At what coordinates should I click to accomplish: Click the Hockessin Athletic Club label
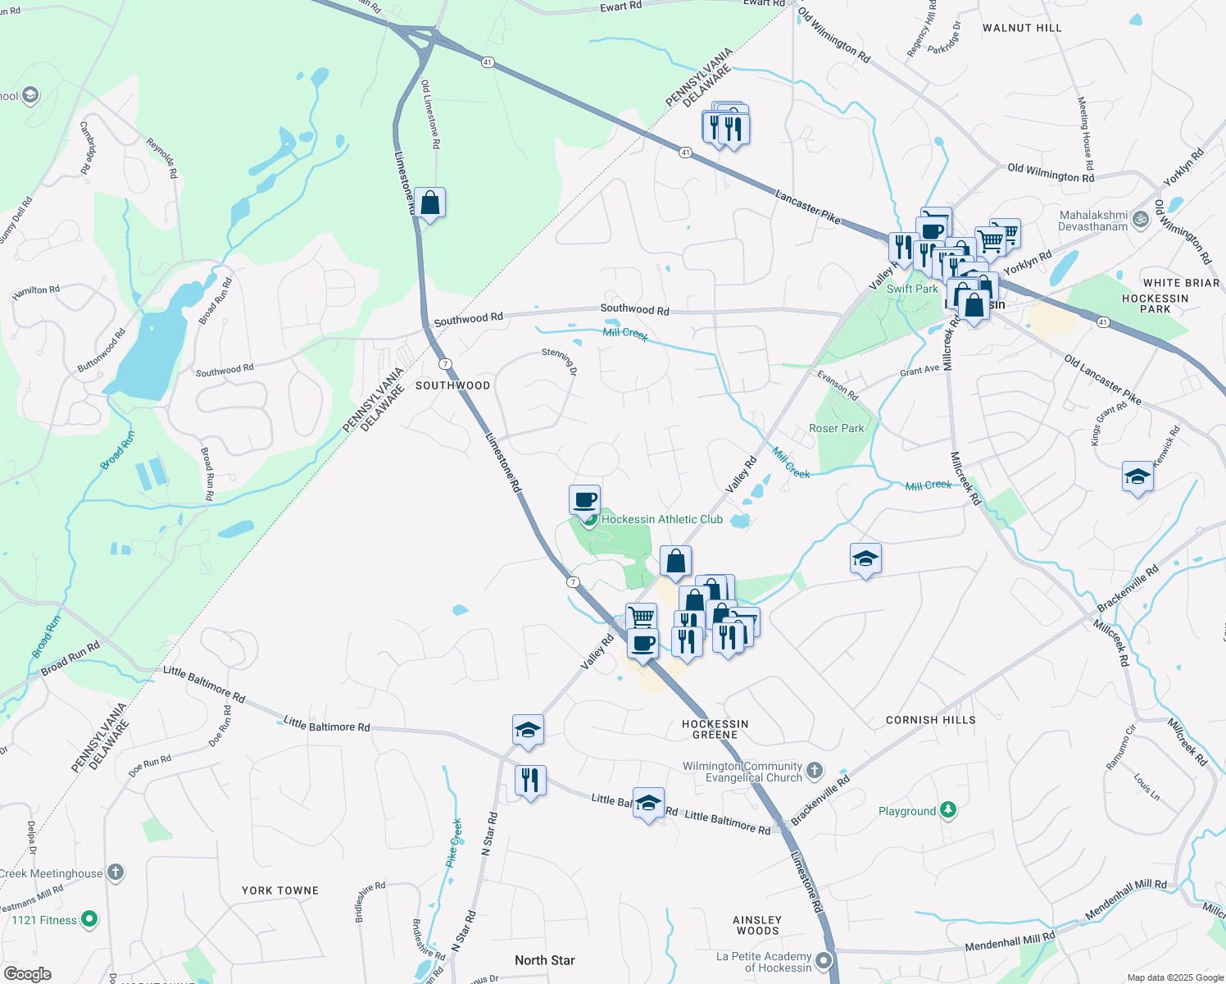[662, 519]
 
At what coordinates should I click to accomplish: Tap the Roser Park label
[836, 428]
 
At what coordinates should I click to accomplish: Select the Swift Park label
[912, 289]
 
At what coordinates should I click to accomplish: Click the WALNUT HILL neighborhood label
[1022, 28]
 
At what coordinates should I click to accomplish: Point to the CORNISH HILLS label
[931, 720]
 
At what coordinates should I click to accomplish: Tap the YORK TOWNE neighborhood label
[280, 891]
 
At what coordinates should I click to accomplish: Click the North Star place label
[545, 960]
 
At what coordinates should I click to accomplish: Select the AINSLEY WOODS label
[758, 925]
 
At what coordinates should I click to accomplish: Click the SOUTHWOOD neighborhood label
[452, 385]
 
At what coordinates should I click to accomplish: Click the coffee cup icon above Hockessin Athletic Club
[585, 500]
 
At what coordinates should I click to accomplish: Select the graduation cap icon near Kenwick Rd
[1137, 477]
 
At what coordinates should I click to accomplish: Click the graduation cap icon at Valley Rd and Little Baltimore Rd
[528, 731]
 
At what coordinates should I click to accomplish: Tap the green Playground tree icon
[948, 810]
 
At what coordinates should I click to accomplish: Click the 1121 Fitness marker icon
[89, 920]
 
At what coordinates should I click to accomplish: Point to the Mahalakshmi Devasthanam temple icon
[1140, 219]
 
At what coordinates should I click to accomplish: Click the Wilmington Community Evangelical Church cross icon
[814, 770]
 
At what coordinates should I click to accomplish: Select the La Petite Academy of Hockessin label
[764, 962]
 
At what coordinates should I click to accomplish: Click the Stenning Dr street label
[560, 362]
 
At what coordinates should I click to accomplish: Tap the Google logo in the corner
[28, 974]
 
